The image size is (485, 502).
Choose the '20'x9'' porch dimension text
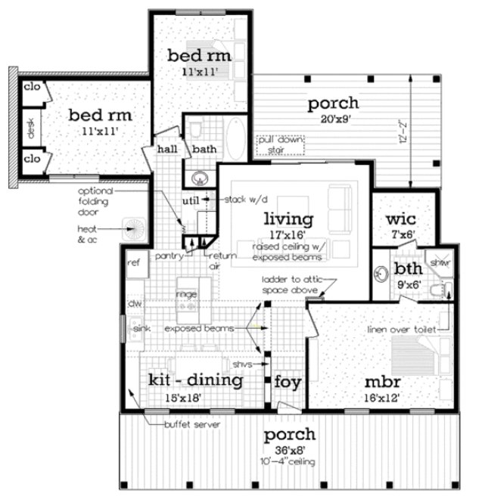328,118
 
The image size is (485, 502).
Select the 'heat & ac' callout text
89,233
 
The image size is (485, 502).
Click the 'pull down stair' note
274,144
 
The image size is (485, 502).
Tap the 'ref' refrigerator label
134,263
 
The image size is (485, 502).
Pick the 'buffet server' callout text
193,425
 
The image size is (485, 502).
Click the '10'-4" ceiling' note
288,461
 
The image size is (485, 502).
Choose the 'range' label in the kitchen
187,292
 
